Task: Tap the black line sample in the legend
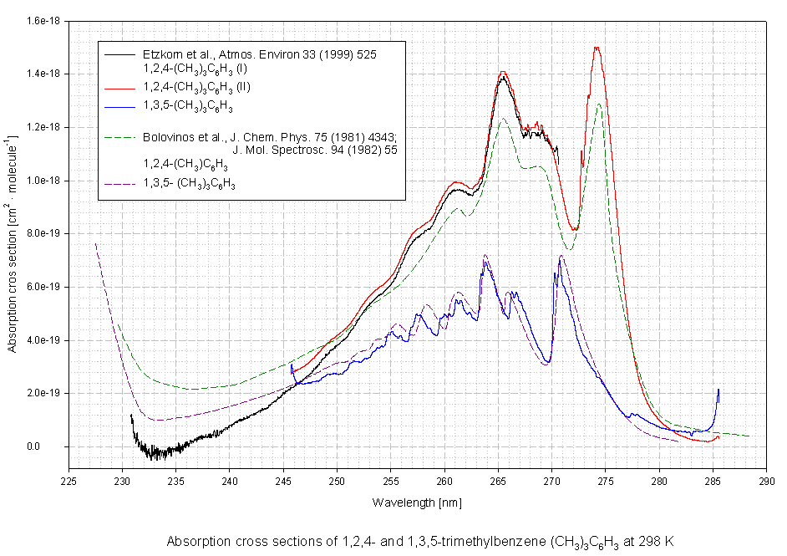[x=117, y=55]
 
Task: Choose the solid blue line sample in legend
[x=117, y=107]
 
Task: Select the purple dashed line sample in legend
[x=117, y=183]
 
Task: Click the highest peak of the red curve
[x=597, y=48]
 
